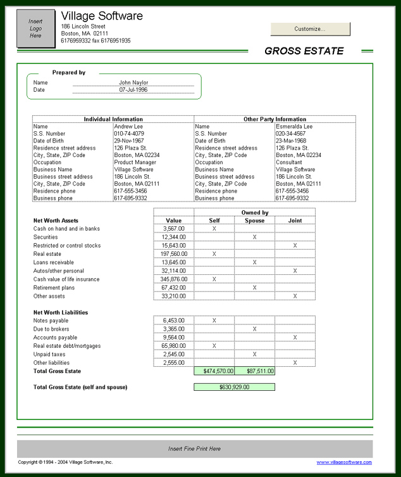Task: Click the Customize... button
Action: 310,29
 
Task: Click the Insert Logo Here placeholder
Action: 35,29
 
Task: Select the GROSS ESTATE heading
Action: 304,51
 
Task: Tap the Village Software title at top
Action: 102,16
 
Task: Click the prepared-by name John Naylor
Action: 133,82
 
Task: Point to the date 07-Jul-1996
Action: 133,90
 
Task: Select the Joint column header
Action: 295,220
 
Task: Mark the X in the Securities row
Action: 254,237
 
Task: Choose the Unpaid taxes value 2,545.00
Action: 173,354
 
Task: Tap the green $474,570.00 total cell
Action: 214,371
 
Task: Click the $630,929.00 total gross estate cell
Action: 234,386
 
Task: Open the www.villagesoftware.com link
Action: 344,463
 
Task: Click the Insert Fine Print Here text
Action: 194,448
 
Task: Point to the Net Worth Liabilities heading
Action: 61,312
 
